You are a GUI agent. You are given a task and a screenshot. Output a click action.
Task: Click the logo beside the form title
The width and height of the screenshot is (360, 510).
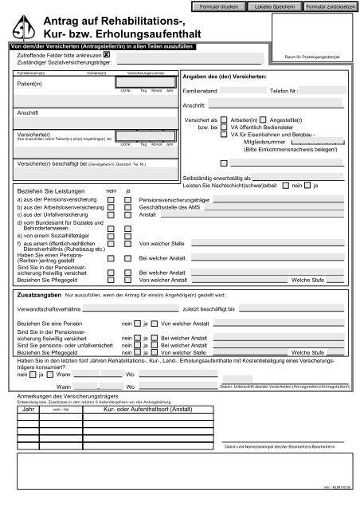[x=26, y=25]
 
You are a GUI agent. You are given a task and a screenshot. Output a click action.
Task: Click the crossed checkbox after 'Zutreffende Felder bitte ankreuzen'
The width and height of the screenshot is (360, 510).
[x=117, y=55]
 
